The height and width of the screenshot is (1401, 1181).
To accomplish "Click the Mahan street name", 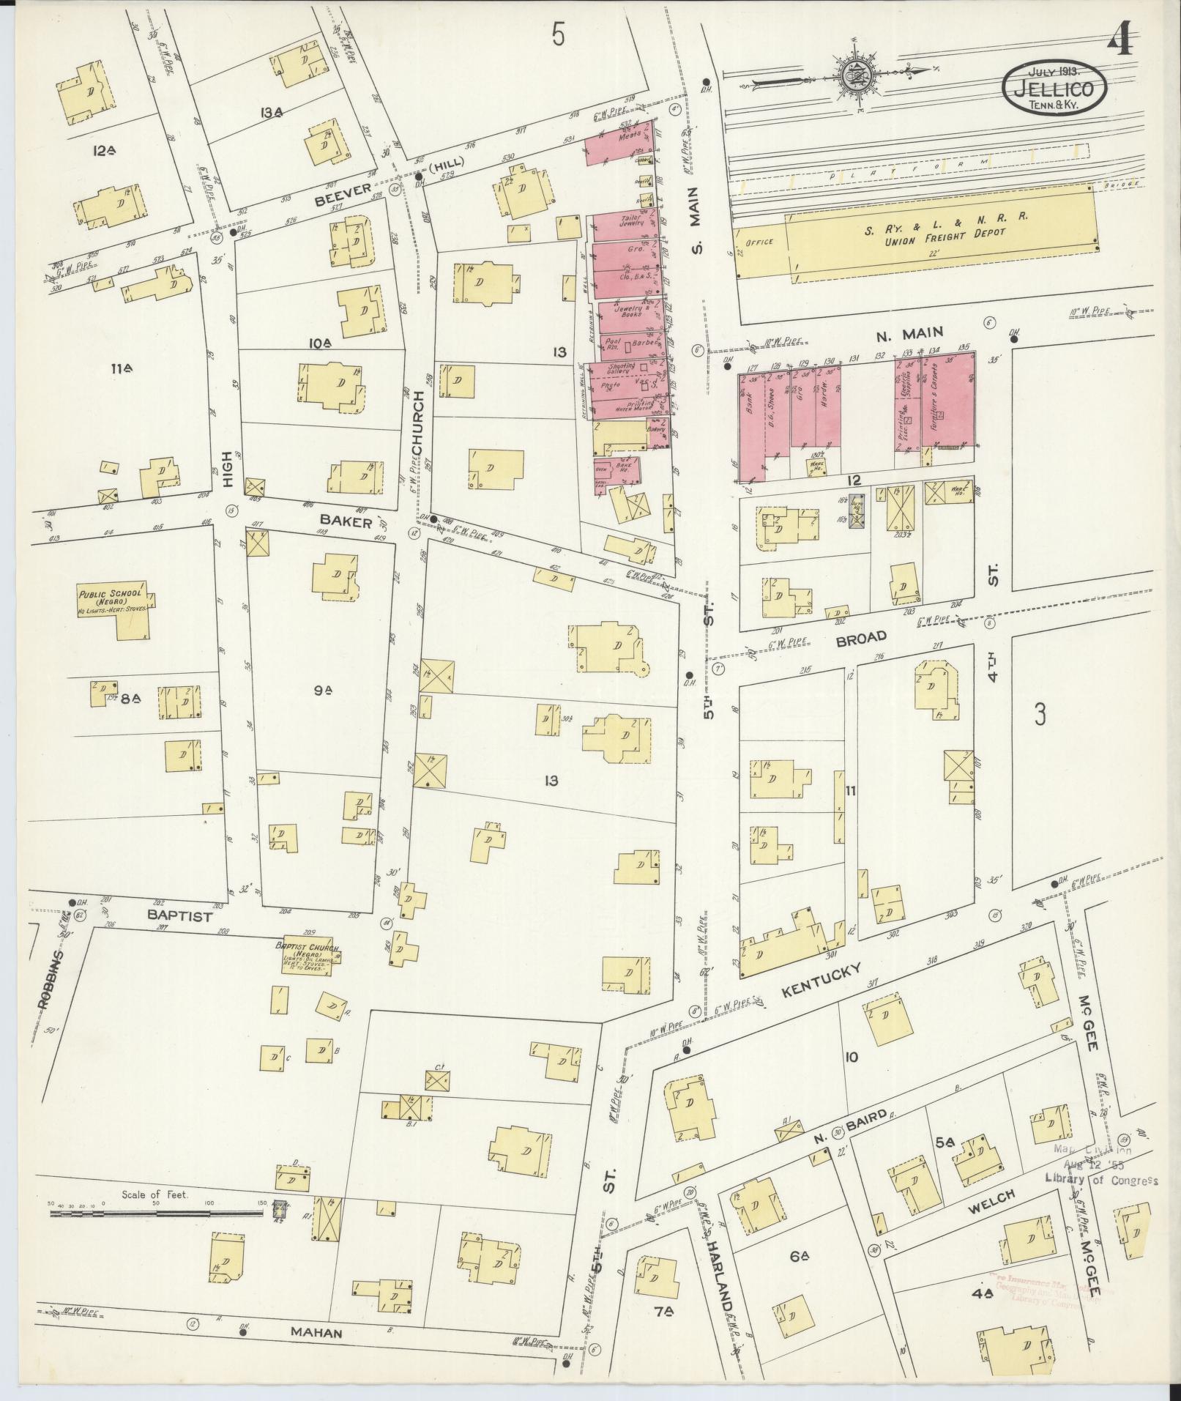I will [318, 1332].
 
